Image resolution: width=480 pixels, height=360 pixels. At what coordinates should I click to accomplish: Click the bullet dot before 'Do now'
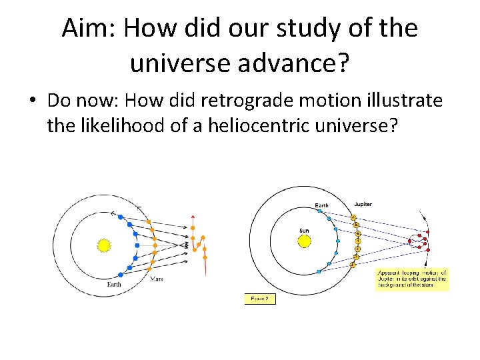pyautogui.click(x=32, y=101)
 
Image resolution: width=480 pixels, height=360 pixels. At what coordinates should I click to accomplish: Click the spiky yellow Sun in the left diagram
pyautogui.click(x=103, y=245)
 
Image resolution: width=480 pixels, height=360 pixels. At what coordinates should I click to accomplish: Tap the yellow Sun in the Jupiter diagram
pyautogui.click(x=304, y=241)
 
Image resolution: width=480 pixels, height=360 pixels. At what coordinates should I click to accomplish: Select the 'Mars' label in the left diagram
pyautogui.click(x=156, y=279)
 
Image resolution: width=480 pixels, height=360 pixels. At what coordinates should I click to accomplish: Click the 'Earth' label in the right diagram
pyautogui.click(x=322, y=205)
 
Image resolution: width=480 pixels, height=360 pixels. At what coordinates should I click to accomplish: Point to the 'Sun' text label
pyautogui.click(x=304, y=230)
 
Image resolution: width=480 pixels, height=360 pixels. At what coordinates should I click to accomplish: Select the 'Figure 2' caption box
pyautogui.click(x=260, y=299)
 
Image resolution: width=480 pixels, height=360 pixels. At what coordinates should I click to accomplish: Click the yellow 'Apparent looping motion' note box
pyautogui.click(x=412, y=279)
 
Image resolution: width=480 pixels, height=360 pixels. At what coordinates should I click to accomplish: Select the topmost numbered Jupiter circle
pyautogui.click(x=353, y=217)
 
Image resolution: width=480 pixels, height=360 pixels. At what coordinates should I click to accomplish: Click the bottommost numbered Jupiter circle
pyautogui.click(x=353, y=265)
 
